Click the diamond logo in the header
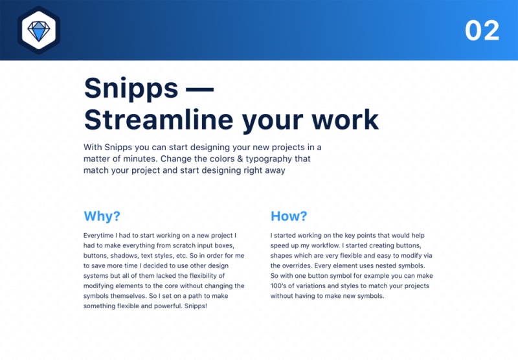[38, 30]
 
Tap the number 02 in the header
[482, 30]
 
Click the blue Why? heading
[102, 216]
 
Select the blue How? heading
[289, 216]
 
